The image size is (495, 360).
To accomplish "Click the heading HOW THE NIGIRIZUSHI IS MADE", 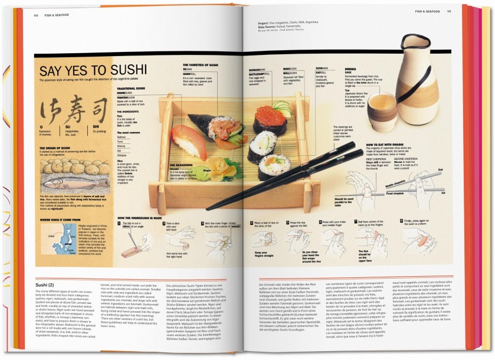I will (139, 218).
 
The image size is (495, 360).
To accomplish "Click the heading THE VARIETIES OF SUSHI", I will (201, 64).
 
